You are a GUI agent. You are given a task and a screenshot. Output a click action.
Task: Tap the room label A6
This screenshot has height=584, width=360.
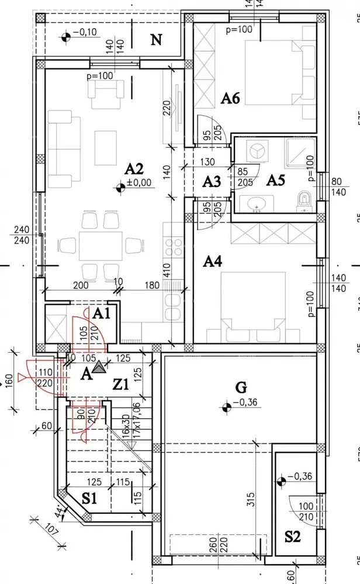[x=230, y=98]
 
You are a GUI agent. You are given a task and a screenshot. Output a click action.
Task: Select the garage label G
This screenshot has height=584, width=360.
[x=241, y=387]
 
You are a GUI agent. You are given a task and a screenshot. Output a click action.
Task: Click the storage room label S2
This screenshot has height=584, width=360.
[x=292, y=536]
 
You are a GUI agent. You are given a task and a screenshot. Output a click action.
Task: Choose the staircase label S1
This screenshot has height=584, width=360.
[x=89, y=499]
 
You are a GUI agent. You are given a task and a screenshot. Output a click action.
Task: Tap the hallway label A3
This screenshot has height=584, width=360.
[x=212, y=182]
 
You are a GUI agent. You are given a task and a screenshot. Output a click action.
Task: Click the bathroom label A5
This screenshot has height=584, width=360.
[x=275, y=180]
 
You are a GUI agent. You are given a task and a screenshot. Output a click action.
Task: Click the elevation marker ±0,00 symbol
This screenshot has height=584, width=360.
[x=121, y=187]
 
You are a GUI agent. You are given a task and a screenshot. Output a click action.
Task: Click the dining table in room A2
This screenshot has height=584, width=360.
[x=99, y=245]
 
